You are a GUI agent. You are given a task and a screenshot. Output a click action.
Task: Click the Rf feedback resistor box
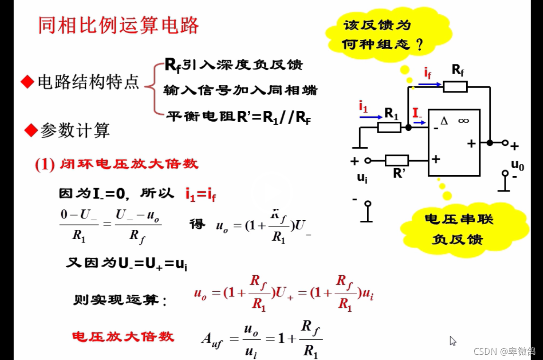pos(455,87)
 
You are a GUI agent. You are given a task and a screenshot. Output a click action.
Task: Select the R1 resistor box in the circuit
pos(389,127)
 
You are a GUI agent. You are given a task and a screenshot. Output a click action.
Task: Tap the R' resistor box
pos(397,160)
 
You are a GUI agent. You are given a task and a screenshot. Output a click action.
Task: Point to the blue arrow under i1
pos(371,117)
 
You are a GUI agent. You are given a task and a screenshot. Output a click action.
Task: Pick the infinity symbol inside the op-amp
pos(463,121)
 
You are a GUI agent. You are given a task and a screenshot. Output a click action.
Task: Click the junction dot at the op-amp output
pos(490,142)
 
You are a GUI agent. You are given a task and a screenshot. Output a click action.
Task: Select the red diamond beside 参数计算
pos(31,130)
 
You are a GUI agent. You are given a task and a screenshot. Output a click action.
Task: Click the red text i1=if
pos(200,194)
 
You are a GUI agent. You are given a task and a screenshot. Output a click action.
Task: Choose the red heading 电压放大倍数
pos(123,337)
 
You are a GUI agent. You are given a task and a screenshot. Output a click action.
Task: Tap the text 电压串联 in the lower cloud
pos(458,219)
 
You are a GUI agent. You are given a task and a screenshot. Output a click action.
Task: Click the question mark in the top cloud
pos(418,45)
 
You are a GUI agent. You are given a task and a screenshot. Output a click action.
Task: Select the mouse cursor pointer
pos(452,341)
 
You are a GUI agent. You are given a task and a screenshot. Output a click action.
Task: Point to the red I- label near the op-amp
pos(417,113)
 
